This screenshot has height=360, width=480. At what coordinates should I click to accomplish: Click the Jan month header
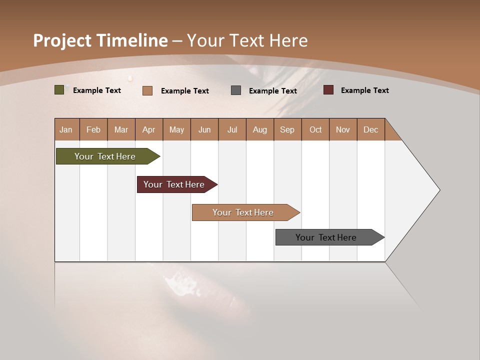[66, 129]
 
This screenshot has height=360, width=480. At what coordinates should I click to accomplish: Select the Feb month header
[93, 129]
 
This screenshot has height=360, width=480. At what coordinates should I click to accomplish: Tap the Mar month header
[121, 129]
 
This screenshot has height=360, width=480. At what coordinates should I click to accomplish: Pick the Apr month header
[149, 129]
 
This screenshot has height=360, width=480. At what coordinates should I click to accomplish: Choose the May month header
[176, 129]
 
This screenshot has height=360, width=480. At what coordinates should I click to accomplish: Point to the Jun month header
[204, 129]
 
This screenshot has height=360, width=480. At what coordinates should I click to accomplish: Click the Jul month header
[232, 129]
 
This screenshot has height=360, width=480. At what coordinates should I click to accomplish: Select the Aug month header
[260, 129]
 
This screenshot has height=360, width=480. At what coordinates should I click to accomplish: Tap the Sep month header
[287, 129]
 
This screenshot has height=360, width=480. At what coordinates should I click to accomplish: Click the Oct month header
[315, 129]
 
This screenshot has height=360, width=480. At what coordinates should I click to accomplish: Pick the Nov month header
[343, 129]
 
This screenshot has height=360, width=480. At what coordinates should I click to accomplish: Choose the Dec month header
[371, 129]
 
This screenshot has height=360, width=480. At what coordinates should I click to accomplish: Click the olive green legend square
[59, 90]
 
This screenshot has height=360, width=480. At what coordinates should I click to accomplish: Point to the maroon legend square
[328, 90]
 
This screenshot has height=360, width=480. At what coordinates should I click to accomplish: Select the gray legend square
[236, 90]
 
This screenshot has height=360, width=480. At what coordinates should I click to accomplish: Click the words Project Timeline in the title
[100, 40]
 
